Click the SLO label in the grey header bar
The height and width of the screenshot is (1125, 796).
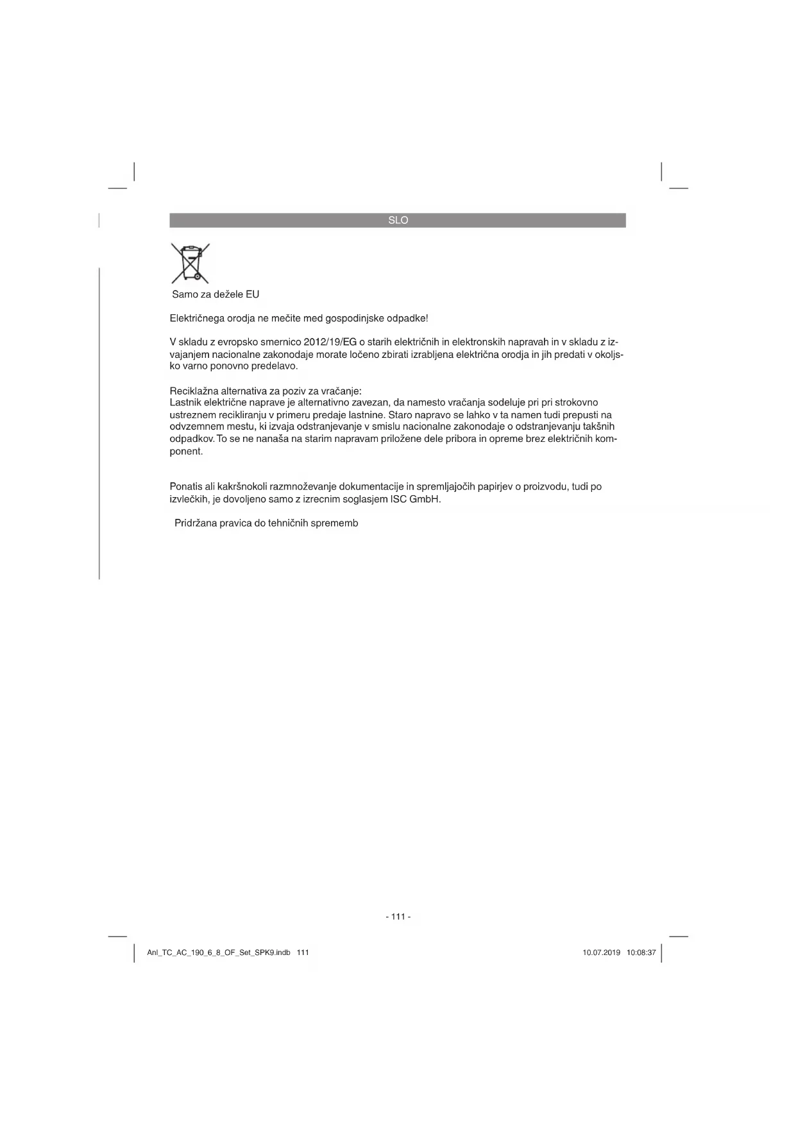pos(398,220)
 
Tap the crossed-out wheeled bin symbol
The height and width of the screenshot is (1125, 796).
pos(191,263)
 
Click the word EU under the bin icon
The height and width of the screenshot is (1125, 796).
pos(252,294)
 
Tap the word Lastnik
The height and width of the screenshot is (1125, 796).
pos(185,403)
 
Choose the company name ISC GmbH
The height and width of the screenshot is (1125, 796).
pos(415,499)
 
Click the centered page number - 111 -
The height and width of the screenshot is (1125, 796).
pos(398,917)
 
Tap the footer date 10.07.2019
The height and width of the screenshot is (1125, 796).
pos(601,952)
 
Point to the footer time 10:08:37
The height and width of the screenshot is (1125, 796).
pos(641,952)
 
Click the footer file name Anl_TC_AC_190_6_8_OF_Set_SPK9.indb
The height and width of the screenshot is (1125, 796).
pos(219,952)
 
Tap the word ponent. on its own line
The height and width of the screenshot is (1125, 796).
pos(186,452)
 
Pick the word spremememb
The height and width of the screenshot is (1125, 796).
pos(334,523)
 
